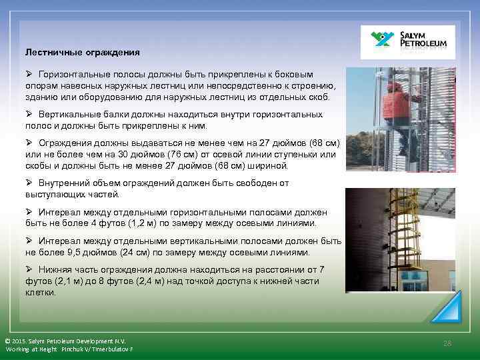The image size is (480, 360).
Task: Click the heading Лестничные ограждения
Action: pos(83,51)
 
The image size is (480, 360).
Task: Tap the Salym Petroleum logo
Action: pos(407,42)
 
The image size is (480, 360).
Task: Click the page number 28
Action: pos(447,342)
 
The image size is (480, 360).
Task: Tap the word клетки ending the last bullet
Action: pos(41,292)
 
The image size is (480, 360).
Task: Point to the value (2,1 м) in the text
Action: pos(63,281)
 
